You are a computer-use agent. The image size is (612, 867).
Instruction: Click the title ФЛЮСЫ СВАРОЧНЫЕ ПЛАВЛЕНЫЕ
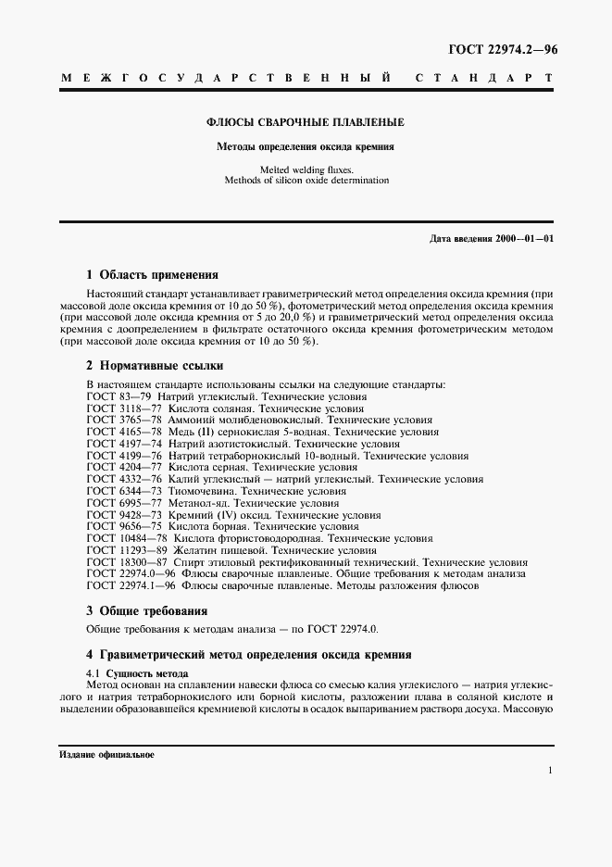click(305, 122)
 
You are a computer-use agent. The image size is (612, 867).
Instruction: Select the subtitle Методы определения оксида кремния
click(305, 146)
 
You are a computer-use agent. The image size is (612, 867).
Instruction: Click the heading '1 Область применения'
click(152, 275)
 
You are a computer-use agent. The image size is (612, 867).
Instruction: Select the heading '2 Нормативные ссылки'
click(155, 366)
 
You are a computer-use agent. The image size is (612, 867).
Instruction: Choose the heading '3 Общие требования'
click(146, 611)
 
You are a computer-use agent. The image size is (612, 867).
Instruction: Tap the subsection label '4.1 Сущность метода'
click(137, 672)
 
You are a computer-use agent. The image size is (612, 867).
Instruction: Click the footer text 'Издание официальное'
click(106, 755)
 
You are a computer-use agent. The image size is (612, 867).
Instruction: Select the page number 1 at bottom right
click(550, 771)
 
